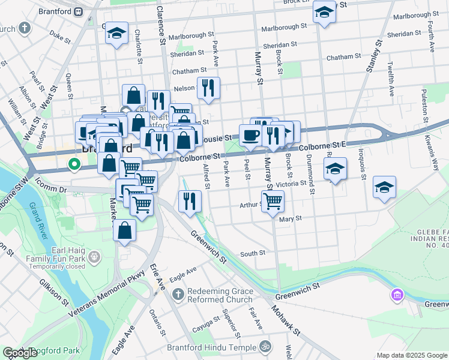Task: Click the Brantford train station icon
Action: (79, 11)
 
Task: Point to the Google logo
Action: (20, 353)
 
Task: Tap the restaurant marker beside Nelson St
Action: (208, 88)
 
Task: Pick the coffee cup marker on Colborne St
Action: (250, 135)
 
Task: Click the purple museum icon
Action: (396, 295)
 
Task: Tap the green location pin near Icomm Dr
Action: (74, 163)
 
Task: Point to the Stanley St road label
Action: (371, 57)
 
